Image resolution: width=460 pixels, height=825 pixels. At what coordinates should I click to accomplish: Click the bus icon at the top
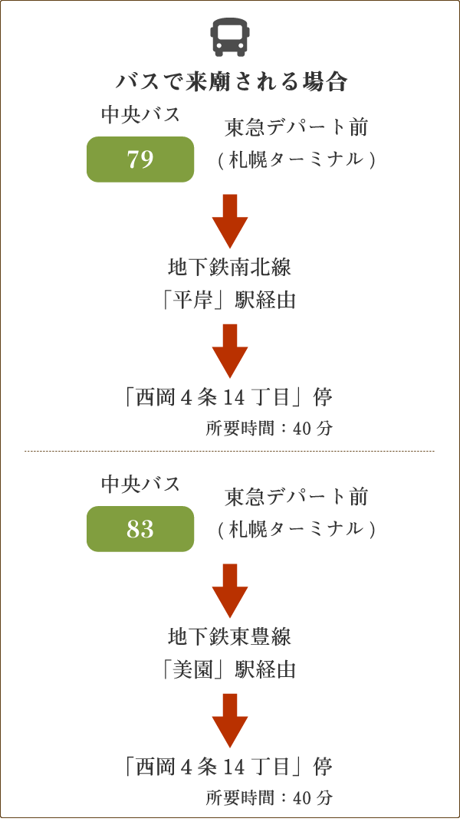(230, 37)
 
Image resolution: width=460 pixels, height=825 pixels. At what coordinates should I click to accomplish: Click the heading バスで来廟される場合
(231, 82)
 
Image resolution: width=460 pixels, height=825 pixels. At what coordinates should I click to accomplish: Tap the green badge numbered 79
(140, 159)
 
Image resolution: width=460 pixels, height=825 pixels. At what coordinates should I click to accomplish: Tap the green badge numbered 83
(140, 529)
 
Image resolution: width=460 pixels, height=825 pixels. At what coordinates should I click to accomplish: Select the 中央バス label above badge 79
(140, 115)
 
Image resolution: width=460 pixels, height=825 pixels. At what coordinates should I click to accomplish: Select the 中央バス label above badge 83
(140, 484)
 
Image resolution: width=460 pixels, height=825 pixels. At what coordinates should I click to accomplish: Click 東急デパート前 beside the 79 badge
(296, 127)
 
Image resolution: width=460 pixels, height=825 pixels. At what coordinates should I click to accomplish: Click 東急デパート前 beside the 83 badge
(296, 497)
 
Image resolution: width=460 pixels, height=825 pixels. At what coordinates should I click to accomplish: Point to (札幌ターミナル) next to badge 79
(296, 159)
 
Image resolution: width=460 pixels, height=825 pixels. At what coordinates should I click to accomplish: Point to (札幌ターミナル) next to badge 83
(296, 529)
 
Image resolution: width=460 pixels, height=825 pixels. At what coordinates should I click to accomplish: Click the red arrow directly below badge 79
(230, 221)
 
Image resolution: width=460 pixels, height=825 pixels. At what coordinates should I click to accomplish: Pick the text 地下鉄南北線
(230, 268)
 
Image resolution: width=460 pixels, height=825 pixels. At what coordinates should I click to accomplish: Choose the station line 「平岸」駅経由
(230, 299)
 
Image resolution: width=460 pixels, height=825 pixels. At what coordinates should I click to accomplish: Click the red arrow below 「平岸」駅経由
(230, 351)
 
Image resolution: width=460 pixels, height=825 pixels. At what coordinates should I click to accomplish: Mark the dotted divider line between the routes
(230, 451)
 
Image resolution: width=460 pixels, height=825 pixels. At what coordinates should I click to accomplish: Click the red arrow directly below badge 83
(230, 590)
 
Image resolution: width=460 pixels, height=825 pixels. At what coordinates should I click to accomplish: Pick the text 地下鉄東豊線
(230, 637)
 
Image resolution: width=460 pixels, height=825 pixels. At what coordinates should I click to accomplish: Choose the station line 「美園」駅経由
(230, 669)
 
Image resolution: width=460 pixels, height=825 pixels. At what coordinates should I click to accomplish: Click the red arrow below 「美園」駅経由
(230, 721)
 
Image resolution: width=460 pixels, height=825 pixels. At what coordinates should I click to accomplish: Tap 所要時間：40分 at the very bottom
(269, 797)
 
